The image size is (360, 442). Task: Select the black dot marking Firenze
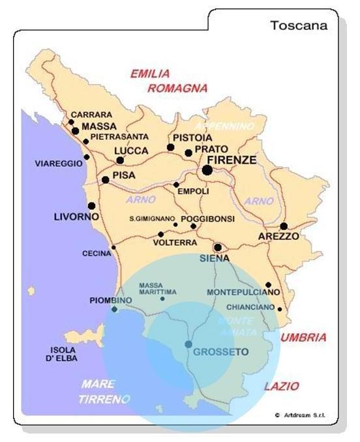tap(207, 170)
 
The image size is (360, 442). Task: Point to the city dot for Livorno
tap(92, 206)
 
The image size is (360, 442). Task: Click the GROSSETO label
tap(222, 352)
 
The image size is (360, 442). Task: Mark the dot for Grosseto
tap(188, 344)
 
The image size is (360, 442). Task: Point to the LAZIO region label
tap(282, 386)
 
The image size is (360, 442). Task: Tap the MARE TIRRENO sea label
tap(104, 391)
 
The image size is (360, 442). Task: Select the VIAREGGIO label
tap(57, 164)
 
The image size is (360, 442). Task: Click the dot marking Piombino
tap(115, 309)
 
